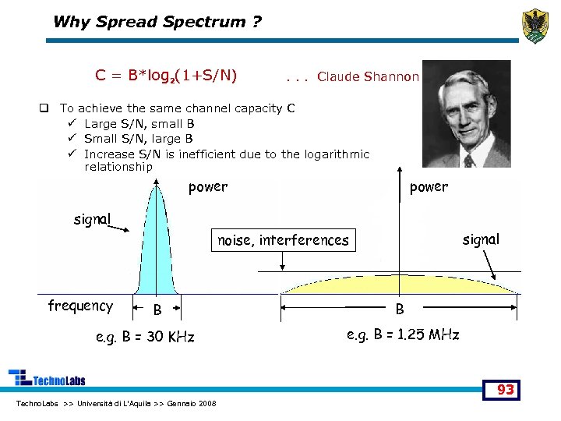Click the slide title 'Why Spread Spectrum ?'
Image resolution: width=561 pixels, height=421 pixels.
tap(157, 22)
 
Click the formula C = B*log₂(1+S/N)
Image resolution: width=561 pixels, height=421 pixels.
tap(166, 76)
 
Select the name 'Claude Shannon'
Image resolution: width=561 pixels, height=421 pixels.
tap(369, 76)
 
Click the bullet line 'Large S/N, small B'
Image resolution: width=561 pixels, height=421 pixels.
tap(139, 123)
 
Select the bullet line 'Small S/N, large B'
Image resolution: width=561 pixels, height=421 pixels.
tap(139, 138)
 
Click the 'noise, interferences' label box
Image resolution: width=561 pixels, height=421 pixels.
tap(283, 240)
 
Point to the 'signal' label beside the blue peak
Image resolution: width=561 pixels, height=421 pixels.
tap(92, 219)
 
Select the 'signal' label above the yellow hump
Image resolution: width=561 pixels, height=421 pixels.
tap(481, 239)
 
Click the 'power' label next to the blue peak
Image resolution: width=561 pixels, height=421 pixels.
tap(208, 187)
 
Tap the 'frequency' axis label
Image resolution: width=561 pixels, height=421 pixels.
tap(80, 306)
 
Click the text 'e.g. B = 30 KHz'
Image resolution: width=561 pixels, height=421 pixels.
tap(144, 337)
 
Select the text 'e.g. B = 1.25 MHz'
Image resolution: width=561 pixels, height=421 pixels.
tap(402, 334)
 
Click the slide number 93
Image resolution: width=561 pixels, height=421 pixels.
tap(506, 389)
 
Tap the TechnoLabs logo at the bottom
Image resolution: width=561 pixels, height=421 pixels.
tap(47, 378)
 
